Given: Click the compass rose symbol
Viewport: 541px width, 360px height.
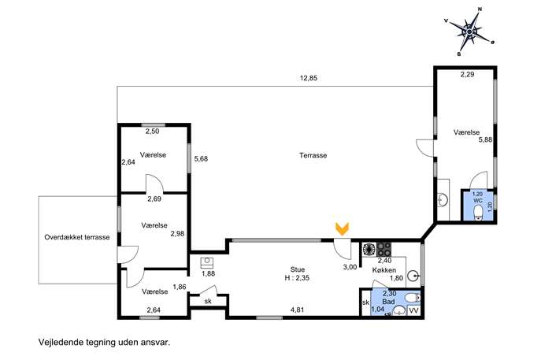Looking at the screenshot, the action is coord(469,32).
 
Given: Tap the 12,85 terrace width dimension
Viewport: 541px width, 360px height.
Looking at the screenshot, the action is coord(309,78).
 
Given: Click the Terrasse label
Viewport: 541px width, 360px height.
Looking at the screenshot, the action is coord(313,155).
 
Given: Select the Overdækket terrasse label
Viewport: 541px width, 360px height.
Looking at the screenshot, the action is coord(77,237).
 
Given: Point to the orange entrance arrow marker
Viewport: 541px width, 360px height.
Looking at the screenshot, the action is coord(343,228).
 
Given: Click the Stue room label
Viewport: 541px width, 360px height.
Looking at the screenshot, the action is coord(298,269).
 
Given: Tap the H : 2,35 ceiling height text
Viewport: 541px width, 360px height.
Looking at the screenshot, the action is coord(297,278).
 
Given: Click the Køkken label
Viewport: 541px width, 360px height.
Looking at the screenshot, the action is coord(384,270).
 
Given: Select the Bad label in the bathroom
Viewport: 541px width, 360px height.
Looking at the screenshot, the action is coord(388,302).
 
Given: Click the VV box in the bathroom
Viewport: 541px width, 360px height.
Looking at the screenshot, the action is coord(413,310).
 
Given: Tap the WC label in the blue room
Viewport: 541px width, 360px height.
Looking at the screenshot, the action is coord(477,201).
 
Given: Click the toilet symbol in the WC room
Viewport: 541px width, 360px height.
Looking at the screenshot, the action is coord(478,213).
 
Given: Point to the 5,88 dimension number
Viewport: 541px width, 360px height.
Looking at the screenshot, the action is coord(485,139).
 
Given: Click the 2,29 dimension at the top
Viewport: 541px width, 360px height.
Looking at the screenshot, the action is coord(468,74).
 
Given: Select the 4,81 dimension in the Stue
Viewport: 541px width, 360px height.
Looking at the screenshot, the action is coord(297,310).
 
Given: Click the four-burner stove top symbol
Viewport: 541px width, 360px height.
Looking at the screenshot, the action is coord(384,249).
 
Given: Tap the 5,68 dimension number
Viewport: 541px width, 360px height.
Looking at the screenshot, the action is coord(201,159).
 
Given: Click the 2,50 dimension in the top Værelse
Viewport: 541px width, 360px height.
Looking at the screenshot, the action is coord(152,132).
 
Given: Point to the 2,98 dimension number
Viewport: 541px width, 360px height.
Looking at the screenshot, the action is coord(178,234).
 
